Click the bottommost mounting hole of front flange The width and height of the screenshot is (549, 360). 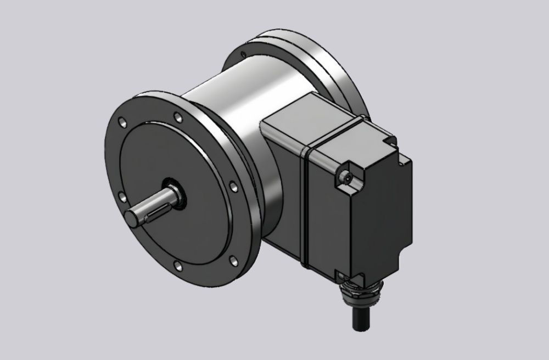coord(178,267)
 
